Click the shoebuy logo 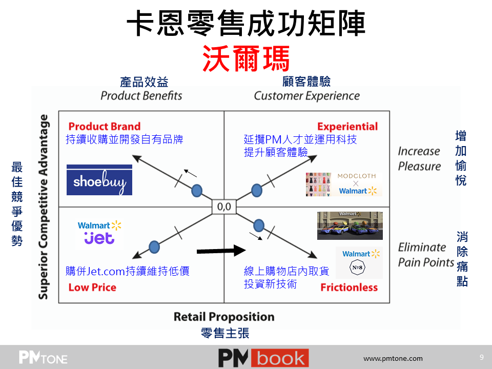(99, 180)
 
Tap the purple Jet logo (99, 238)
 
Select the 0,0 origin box (224, 207)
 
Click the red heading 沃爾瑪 (246, 58)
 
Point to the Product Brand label (105, 126)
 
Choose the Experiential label (347, 127)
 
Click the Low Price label (92, 288)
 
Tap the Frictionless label (349, 288)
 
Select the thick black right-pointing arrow (221, 251)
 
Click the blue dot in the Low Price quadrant (154, 247)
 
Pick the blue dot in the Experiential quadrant (257, 191)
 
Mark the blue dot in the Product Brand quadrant (197, 191)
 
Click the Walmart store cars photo (350, 225)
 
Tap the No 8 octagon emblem (357, 268)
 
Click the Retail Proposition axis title (224, 317)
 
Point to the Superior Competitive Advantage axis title (43, 207)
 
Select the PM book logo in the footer (263, 358)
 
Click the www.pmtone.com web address (393, 358)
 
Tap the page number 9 (482, 357)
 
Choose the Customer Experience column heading (306, 96)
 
